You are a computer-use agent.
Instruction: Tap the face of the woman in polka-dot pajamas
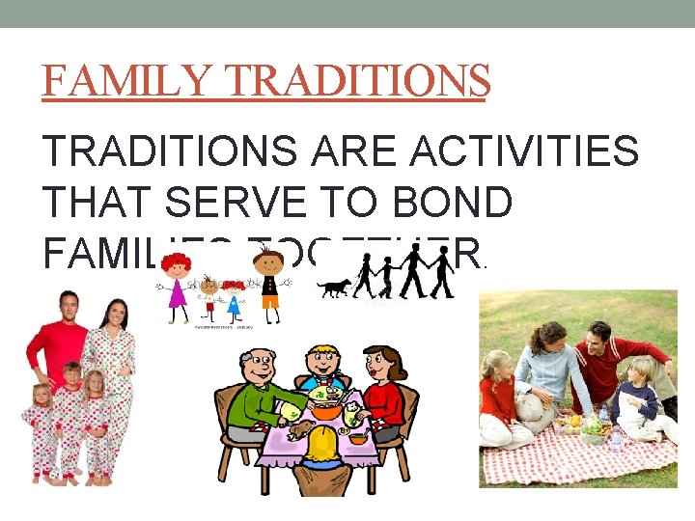point(114,315)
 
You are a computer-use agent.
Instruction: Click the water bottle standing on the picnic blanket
point(616,440)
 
